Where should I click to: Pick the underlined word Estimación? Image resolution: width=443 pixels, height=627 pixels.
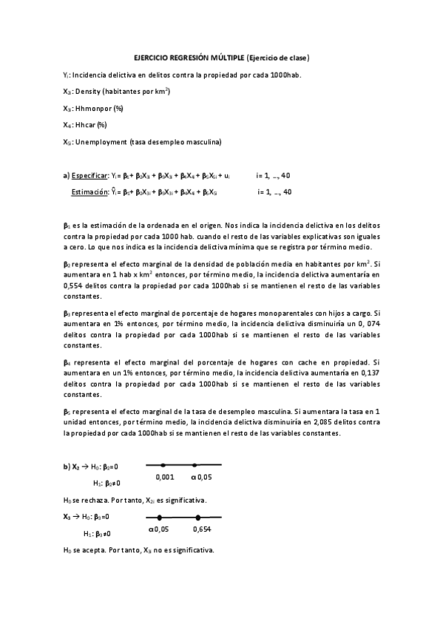(89, 192)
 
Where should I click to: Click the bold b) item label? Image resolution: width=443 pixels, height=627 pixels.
(67, 467)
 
